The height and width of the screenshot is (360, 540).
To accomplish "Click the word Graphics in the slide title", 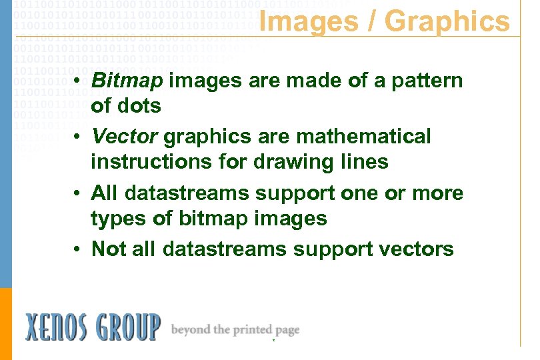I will [x=447, y=21].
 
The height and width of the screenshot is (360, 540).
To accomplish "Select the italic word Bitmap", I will [x=127, y=81].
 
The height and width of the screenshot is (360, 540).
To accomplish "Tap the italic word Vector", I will [x=125, y=137].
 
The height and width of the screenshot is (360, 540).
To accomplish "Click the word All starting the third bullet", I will [x=105, y=193].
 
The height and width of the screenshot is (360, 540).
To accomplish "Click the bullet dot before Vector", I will [x=78, y=137].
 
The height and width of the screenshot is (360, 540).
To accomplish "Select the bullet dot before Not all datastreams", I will [x=78, y=250].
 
